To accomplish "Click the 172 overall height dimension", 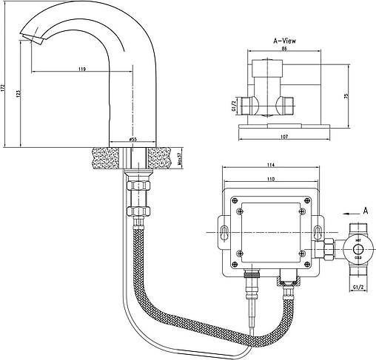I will pyautogui.click(x=4, y=86).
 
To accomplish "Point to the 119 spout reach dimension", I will pyautogui.click(x=81, y=69).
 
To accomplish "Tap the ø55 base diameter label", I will pyautogui.click(x=132, y=138).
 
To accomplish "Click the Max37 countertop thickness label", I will pyautogui.click(x=179, y=160).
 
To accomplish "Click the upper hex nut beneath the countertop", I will pyautogui.click(x=138, y=182).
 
